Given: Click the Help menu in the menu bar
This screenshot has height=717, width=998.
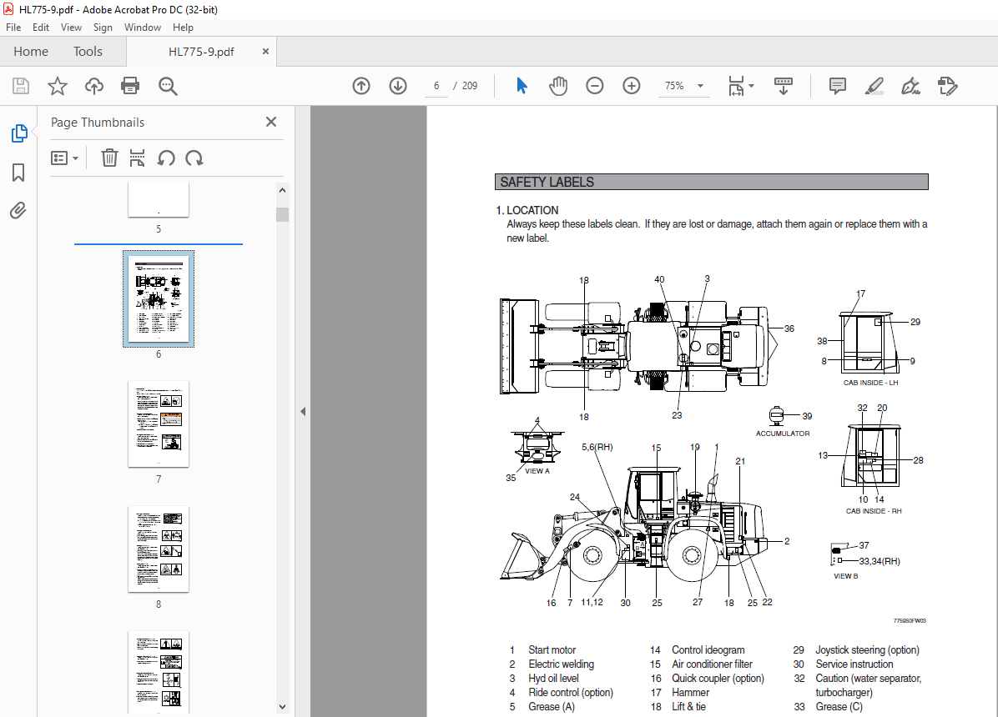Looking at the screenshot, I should coord(183,28).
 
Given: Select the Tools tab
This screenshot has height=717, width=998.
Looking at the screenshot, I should coord(88,52).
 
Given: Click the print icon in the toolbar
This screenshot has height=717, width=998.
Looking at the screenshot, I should coord(130,86).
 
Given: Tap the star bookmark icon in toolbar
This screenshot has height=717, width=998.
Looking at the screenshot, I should coord(57,86).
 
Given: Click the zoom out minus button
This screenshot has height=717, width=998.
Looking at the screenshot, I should coord(595,86).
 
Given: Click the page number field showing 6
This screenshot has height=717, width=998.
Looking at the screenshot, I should coord(436,86).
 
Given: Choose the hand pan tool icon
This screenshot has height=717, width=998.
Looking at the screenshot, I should coord(557,86).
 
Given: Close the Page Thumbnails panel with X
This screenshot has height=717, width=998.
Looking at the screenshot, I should coord(270,123).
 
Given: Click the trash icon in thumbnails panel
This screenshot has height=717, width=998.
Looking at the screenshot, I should coord(109,158).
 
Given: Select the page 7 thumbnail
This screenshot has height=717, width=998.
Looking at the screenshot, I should coord(159,424).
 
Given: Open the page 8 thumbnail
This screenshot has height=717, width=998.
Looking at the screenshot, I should coord(159,549).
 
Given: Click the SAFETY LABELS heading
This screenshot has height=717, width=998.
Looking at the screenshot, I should coord(547,183).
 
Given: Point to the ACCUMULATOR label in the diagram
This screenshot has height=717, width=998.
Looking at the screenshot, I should coord(783,434).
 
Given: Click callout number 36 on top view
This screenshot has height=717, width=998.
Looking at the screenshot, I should coord(789,328).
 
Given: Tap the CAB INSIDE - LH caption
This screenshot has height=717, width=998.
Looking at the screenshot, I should coord(870,383).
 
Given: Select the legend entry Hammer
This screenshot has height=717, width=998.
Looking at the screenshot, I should coord(691,693).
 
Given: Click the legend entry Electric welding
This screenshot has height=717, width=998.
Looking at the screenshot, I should coord(561,664).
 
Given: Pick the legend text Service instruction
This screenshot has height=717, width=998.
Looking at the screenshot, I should coord(854,664).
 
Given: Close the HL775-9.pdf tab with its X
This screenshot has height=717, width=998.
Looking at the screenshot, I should coord(265,52).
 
